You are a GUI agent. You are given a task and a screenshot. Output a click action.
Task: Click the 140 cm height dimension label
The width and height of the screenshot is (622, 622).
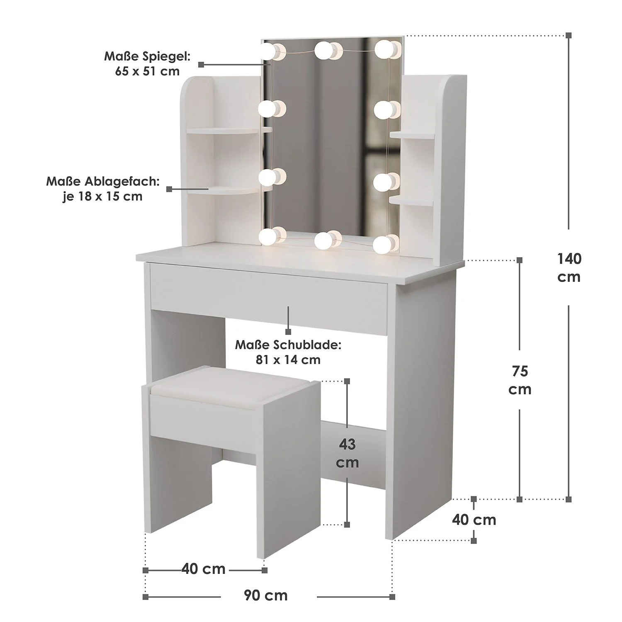tap(569, 267)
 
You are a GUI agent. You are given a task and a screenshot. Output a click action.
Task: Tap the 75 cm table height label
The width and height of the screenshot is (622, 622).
tap(520, 380)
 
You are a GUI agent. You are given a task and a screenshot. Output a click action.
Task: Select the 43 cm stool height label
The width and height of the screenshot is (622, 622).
tap(347, 453)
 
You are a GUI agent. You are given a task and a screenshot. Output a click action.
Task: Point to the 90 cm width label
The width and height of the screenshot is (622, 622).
tap(265, 595)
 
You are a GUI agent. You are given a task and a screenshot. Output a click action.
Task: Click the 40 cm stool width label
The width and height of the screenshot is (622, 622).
tap(203, 569)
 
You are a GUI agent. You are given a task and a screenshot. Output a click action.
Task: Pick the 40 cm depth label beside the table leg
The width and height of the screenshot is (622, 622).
tap(474, 520)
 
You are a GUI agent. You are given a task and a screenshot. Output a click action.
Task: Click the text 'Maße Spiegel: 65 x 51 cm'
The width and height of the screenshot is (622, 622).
tap(147, 63)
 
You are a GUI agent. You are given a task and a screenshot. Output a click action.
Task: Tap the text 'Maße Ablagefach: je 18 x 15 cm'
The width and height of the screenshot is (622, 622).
tap(103, 189)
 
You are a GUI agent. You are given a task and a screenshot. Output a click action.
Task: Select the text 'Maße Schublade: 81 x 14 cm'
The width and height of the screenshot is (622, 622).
tap(288, 352)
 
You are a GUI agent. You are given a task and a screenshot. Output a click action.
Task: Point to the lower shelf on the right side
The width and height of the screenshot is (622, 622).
tap(412, 199)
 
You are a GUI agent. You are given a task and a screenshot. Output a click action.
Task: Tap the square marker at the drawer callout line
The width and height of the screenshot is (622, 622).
tap(288, 331)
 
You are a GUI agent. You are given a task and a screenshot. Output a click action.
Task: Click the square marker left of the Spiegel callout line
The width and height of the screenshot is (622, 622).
tap(201, 64)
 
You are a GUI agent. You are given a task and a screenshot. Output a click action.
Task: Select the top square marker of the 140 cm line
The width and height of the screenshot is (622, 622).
tap(569, 35)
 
